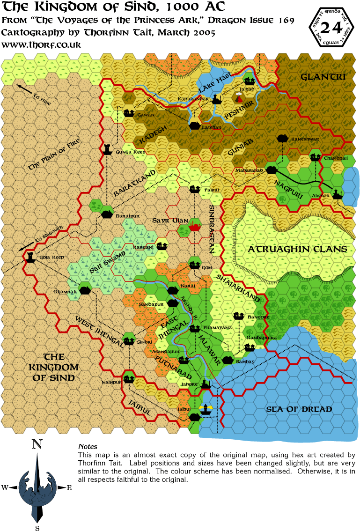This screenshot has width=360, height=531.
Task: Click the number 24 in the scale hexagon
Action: pyautogui.click(x=331, y=28)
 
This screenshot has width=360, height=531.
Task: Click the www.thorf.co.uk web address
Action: pyautogui.click(x=42, y=44)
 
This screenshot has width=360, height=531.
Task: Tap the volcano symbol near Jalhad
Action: pyautogui.click(x=240, y=98)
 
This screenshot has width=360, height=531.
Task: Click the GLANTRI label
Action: pyautogui.click(x=323, y=76)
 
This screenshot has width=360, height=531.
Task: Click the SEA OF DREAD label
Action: pyautogui.click(x=299, y=409)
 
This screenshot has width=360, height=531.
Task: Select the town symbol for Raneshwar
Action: pyautogui.click(x=282, y=139)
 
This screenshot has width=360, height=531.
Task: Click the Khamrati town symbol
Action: pyautogui.click(x=84, y=290)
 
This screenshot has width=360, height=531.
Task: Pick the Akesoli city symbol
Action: pyautogui.click(x=338, y=196)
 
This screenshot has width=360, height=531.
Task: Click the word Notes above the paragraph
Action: pyautogui.click(x=88, y=447)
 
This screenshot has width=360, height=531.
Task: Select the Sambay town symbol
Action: pyautogui.click(x=228, y=360)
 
